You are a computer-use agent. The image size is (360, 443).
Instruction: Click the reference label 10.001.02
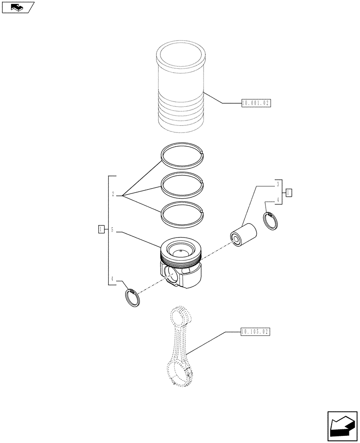tap(255, 103)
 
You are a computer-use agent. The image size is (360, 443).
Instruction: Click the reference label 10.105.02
tap(255, 331)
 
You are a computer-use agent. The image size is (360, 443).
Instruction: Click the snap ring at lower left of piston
tap(132, 297)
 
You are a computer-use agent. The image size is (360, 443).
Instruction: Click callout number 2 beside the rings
tap(113, 194)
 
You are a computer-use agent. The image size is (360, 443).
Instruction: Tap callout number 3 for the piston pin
tap(277, 184)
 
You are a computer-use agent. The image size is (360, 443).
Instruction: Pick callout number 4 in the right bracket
tap(277, 200)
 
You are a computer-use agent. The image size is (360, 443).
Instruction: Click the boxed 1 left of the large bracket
tap(102, 229)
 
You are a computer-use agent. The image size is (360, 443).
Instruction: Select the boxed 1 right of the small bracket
tap(289, 192)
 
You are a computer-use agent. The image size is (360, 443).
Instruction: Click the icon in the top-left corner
tap(18, 7)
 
